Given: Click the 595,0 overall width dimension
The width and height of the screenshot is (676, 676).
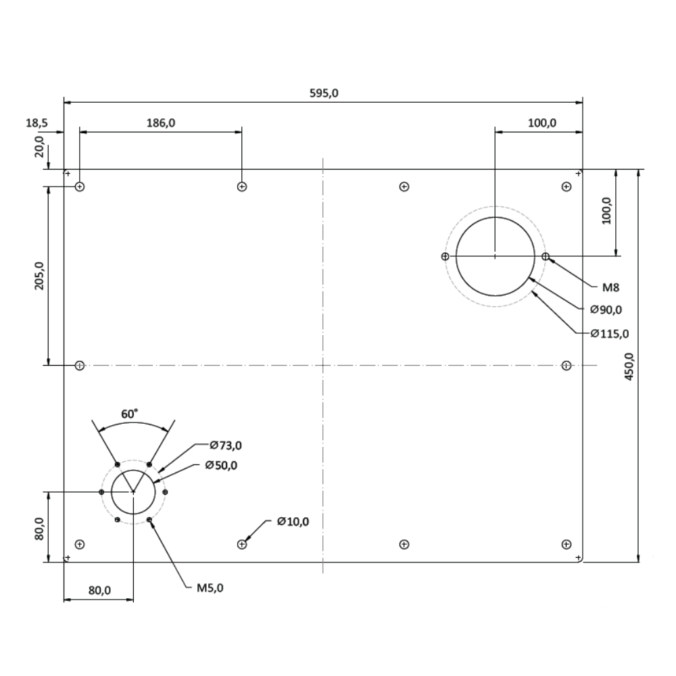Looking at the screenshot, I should coord(323,93).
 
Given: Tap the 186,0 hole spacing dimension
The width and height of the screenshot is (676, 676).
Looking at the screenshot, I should coord(161,123).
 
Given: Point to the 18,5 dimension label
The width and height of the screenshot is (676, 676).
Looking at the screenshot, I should coord(37,123).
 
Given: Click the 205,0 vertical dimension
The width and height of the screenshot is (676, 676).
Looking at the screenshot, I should coord(39,276).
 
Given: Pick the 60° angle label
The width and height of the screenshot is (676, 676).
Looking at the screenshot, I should coord(130,413).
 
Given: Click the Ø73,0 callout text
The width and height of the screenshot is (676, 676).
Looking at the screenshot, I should coord(226,445).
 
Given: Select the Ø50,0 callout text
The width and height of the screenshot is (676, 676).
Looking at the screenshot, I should coord(221,465).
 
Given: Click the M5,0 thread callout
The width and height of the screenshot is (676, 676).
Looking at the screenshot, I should coord(210,587).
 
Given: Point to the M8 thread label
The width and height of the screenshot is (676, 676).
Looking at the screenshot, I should coord(610,287).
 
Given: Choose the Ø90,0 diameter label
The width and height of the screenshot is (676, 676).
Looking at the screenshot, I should coord(605,310).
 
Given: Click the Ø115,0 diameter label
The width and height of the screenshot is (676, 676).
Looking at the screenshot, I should coord(609,333).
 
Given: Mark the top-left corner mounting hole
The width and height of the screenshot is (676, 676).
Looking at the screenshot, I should coord(80,187).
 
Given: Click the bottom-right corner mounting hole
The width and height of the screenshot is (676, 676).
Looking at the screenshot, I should coord(566,544).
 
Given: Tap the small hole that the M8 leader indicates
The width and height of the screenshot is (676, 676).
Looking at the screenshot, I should coord(546,256).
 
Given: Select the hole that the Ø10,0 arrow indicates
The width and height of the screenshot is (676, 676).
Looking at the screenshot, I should coord(242,544).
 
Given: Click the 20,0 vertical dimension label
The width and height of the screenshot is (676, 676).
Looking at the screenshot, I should coord(39,147).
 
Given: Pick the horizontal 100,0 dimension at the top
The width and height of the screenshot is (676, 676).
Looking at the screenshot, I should coord(542,123).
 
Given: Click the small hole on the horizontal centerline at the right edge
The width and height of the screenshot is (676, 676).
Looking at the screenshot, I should coord(566,366).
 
